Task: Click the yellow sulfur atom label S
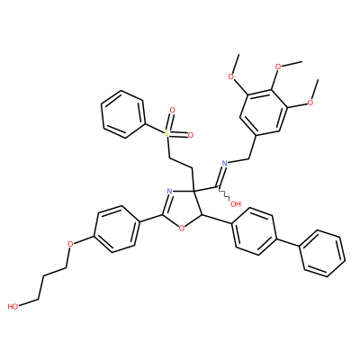(167, 134)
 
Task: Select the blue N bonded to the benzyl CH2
(224, 163)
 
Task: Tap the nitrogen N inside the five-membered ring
(169, 191)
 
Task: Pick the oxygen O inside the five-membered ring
(181, 229)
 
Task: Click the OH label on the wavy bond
(236, 204)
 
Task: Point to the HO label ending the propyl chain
(13, 307)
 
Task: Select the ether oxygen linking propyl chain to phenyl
(70, 243)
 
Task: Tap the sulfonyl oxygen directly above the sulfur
(172, 111)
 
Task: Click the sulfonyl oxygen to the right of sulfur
(190, 135)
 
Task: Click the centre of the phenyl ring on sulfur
(123, 114)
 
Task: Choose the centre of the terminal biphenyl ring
(322, 254)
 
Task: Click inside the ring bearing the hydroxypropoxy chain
(117, 229)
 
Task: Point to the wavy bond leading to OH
(224, 194)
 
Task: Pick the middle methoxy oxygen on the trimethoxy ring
(278, 67)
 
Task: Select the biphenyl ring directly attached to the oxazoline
(255, 231)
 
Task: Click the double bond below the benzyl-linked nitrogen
(221, 176)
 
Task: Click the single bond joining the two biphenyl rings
(288, 242)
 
